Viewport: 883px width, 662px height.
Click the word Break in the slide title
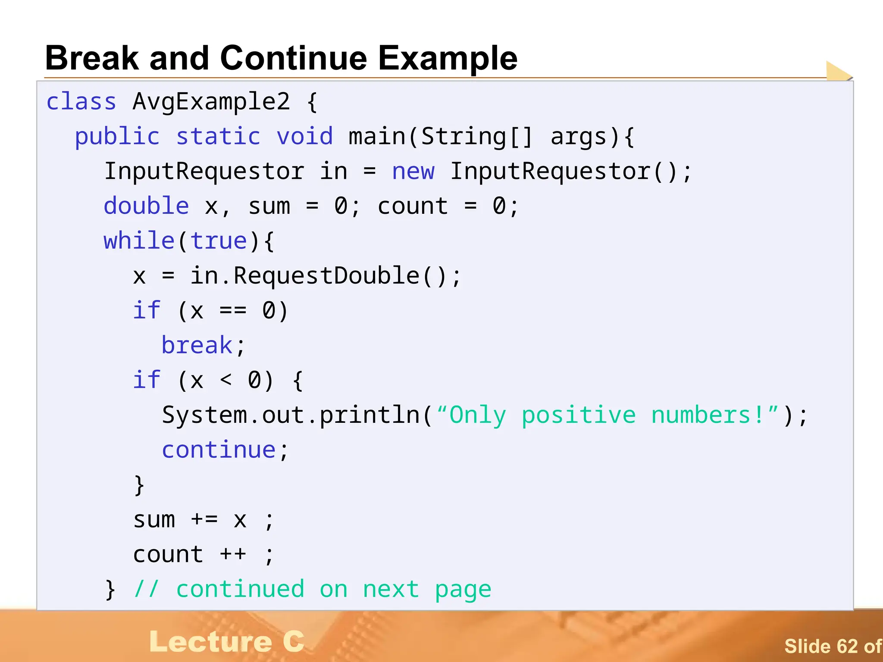tap(92, 58)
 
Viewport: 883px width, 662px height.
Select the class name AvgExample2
tap(211, 102)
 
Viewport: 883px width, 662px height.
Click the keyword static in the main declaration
tap(218, 137)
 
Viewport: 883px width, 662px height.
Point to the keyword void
tap(305, 137)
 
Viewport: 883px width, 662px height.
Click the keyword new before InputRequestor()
tap(413, 172)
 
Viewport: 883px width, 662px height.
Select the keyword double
tap(146, 206)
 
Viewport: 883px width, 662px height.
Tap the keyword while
tap(139, 240)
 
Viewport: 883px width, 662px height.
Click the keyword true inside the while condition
tap(218, 241)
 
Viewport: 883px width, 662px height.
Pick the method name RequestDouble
tap(326, 276)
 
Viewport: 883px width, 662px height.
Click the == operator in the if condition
tap(233, 311)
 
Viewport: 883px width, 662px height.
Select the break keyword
tap(197, 346)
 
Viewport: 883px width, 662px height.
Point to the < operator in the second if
tap(226, 381)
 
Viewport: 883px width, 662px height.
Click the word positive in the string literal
tap(578, 415)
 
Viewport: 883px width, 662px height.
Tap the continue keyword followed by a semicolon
tap(219, 450)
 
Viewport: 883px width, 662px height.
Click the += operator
tap(204, 520)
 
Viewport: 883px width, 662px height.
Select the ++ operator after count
tap(233, 555)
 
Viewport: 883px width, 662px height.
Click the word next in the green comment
tap(391, 589)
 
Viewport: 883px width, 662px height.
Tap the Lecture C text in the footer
tap(227, 642)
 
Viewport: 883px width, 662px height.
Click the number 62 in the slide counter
tap(848, 646)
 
